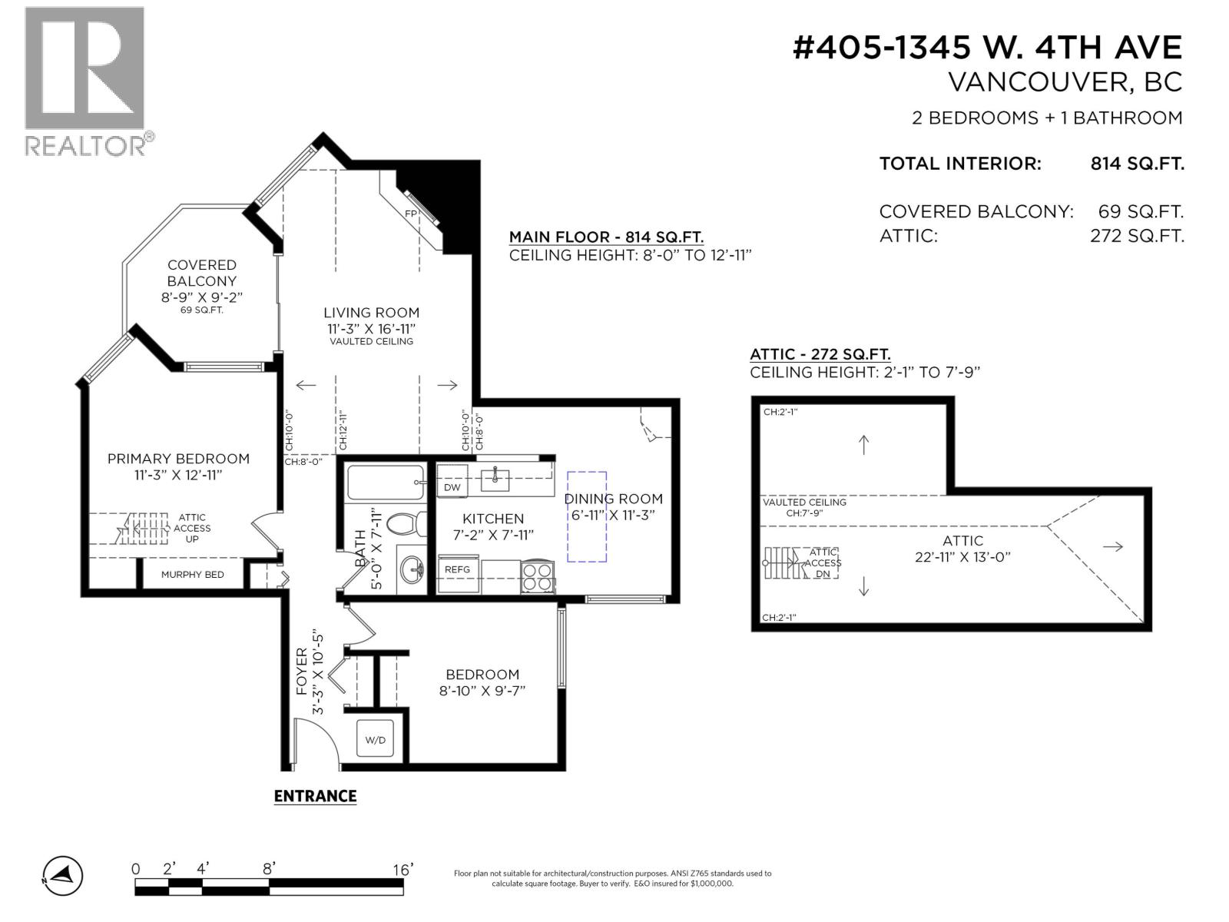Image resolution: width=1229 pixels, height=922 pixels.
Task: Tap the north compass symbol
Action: (63, 876)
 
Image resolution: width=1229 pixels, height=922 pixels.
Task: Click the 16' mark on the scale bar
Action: (402, 870)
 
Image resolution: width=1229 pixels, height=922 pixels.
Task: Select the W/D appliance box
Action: (375, 739)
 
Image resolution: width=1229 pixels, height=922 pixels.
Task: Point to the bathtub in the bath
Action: (386, 483)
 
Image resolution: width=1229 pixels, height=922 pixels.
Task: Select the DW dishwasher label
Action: (452, 487)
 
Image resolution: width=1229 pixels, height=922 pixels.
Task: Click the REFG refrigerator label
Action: (458, 569)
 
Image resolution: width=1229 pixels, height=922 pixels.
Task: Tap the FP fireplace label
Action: (411, 214)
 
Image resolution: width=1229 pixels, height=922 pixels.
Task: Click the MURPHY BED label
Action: (192, 575)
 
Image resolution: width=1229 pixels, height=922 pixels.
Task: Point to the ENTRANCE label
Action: (315, 796)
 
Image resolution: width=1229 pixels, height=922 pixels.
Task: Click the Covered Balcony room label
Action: (201, 273)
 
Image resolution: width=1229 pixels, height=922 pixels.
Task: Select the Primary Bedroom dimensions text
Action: (179, 475)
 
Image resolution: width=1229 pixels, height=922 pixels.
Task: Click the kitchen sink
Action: (495, 479)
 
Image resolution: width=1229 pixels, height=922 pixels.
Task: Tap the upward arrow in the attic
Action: (863, 445)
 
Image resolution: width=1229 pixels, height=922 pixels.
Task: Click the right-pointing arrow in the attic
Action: (1112, 547)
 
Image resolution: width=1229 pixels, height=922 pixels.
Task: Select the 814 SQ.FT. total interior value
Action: (1137, 164)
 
